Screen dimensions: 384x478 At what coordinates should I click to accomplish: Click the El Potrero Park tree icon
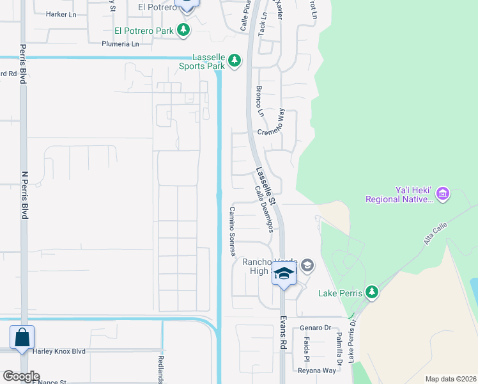pyautogui.click(x=183, y=29)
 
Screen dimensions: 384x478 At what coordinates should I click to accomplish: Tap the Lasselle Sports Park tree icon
pyautogui.click(x=235, y=61)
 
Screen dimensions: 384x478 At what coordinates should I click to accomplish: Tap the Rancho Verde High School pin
pyautogui.click(x=284, y=274)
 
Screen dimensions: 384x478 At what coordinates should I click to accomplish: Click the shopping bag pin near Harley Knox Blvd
pyautogui.click(x=22, y=337)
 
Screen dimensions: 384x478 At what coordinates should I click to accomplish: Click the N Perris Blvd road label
pyautogui.click(x=25, y=195)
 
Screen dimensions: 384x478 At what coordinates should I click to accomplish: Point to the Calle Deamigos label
pyautogui.click(x=264, y=209)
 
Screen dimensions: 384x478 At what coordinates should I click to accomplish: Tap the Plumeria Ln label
pyautogui.click(x=120, y=44)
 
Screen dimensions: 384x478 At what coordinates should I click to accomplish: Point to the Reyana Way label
pyautogui.click(x=316, y=371)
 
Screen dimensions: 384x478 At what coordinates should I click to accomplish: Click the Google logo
pyautogui.click(x=21, y=376)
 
